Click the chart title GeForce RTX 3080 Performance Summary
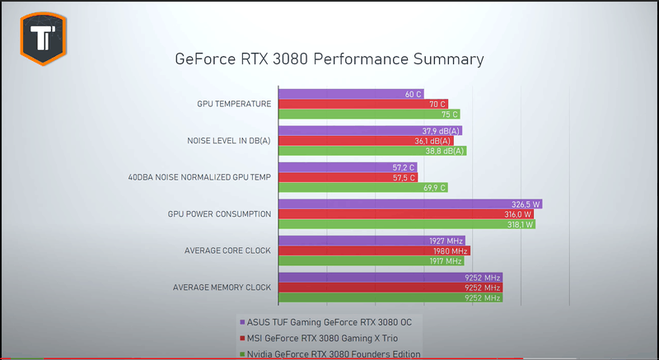point(329,59)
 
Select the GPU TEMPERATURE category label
point(234,105)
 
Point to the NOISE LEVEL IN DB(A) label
point(230,141)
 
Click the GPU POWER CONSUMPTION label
point(219,214)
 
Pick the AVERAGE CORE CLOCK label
point(222,250)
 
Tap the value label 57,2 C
point(404,167)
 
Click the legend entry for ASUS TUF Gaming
point(325,321)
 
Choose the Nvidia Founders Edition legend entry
point(329,353)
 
